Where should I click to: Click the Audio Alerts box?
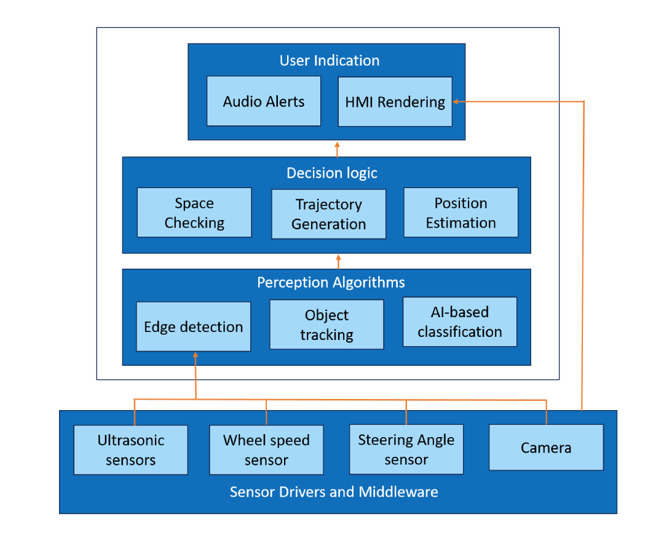coord(264,101)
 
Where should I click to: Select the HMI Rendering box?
coord(395,101)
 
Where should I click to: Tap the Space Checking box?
coord(194,213)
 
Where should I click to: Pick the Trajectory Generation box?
coord(328,214)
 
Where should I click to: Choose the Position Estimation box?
coord(460,213)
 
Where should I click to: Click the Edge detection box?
coord(193,326)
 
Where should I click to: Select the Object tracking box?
coord(326,325)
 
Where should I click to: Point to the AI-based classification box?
coord(459,322)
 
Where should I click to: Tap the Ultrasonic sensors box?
coord(130,450)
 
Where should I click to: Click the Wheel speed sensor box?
coord(266,450)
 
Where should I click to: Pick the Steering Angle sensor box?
coord(406,449)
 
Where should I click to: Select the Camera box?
coord(546,448)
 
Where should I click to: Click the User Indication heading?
coord(329,60)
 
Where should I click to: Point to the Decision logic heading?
coord(332,173)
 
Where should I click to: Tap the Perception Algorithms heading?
coord(331,282)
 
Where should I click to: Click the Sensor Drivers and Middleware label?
coord(334,492)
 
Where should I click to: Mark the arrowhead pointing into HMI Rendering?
coord(456,101)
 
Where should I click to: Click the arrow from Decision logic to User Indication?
coord(337,148)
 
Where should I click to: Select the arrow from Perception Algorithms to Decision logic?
coord(338,261)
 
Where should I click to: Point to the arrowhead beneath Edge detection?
coord(196,355)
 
